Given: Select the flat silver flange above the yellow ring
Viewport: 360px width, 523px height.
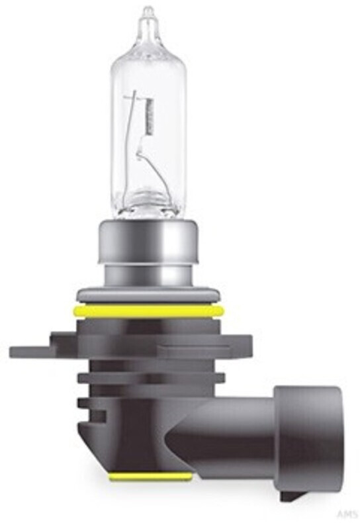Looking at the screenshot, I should point(151,295).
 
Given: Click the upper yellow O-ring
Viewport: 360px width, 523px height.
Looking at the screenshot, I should point(151,310).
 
